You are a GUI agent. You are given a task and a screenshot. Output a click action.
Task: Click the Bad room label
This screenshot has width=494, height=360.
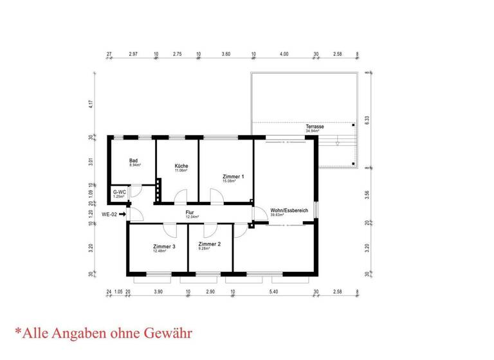134,161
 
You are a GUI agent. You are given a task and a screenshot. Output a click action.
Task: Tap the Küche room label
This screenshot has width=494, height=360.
181,166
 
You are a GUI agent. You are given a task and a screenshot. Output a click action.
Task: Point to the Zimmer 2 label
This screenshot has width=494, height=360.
210,245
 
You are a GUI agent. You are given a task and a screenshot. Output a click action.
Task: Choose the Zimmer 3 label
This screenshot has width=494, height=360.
164,247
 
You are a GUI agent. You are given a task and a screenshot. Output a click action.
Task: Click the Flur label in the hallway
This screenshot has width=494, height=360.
190,212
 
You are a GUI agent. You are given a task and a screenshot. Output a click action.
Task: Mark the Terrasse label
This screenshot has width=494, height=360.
315,127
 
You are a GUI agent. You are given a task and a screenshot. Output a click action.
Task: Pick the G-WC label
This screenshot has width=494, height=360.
119,192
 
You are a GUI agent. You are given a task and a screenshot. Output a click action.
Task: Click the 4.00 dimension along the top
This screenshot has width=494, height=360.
284,55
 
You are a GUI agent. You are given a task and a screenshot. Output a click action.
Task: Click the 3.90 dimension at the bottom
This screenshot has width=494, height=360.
158,292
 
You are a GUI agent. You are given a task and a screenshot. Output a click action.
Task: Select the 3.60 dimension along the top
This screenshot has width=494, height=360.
226,55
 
